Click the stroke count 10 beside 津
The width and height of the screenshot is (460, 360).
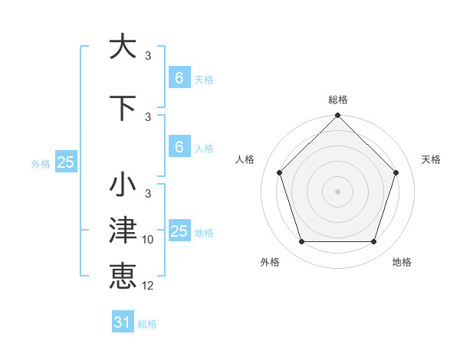[148, 240]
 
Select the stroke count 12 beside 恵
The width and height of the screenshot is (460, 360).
[148, 286]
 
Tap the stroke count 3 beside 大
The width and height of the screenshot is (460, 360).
[148, 56]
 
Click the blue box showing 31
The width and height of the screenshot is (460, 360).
[123, 322]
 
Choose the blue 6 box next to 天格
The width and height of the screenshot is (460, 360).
[179, 77]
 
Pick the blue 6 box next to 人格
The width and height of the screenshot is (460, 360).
[179, 147]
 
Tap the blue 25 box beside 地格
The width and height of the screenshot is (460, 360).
[179, 231]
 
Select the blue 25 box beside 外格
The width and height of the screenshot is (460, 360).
[65, 162]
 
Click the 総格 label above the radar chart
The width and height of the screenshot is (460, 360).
[338, 100]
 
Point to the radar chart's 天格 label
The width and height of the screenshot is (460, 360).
[432, 159]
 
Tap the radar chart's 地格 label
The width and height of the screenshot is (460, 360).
[402, 262]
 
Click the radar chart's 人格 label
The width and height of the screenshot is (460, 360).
[245, 159]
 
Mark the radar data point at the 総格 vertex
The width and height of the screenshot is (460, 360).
[337, 116]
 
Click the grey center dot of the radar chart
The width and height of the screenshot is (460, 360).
[337, 191]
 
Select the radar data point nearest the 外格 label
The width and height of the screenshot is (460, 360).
[301, 242]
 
